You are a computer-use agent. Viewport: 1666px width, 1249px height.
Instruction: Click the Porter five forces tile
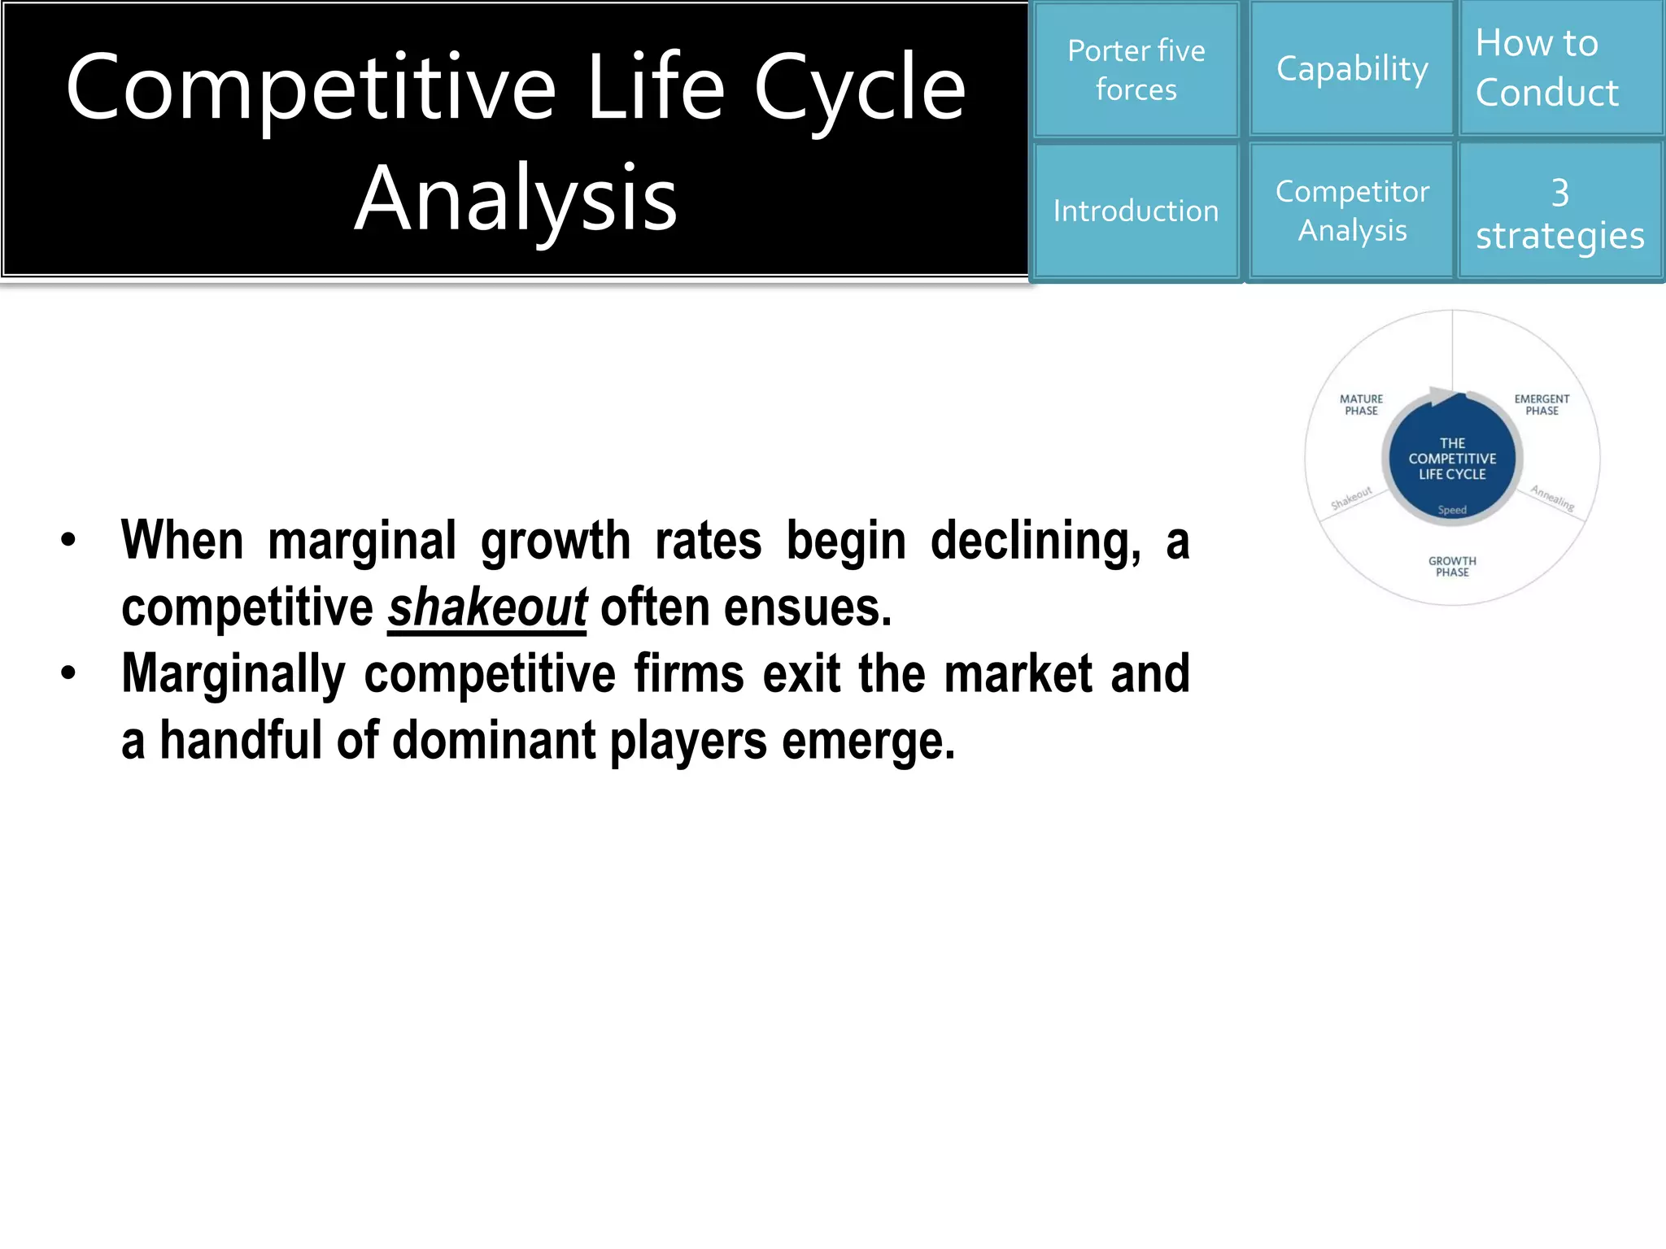click(x=1136, y=70)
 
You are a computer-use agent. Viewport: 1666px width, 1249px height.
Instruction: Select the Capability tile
click(x=1352, y=68)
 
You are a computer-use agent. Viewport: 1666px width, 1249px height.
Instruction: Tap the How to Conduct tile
click(x=1560, y=68)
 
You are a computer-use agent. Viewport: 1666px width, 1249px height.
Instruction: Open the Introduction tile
click(x=1136, y=211)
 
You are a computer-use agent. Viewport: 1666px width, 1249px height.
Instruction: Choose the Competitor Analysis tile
click(x=1352, y=211)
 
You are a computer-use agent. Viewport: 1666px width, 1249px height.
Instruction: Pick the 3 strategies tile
click(x=1560, y=213)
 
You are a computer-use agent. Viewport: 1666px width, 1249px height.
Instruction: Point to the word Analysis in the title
click(x=516, y=198)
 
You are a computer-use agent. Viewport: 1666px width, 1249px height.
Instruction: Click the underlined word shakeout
click(x=486, y=608)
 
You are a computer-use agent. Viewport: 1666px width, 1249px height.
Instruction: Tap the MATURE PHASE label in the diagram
click(x=1361, y=405)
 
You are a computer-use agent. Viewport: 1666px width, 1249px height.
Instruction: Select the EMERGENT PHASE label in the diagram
click(x=1542, y=405)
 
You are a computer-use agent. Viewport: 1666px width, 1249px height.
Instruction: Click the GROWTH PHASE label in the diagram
click(x=1452, y=567)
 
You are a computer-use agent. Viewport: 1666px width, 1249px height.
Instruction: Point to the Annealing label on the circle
click(x=1552, y=498)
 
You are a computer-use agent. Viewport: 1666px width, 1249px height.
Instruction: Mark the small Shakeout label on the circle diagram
click(x=1351, y=498)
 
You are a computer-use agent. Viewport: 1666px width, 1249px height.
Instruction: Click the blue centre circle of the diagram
click(x=1452, y=459)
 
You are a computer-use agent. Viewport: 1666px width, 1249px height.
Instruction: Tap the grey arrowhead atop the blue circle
click(x=1444, y=397)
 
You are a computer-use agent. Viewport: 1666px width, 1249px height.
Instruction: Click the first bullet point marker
click(x=68, y=540)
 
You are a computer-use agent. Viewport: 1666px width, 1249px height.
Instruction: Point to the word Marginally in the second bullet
click(x=233, y=675)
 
